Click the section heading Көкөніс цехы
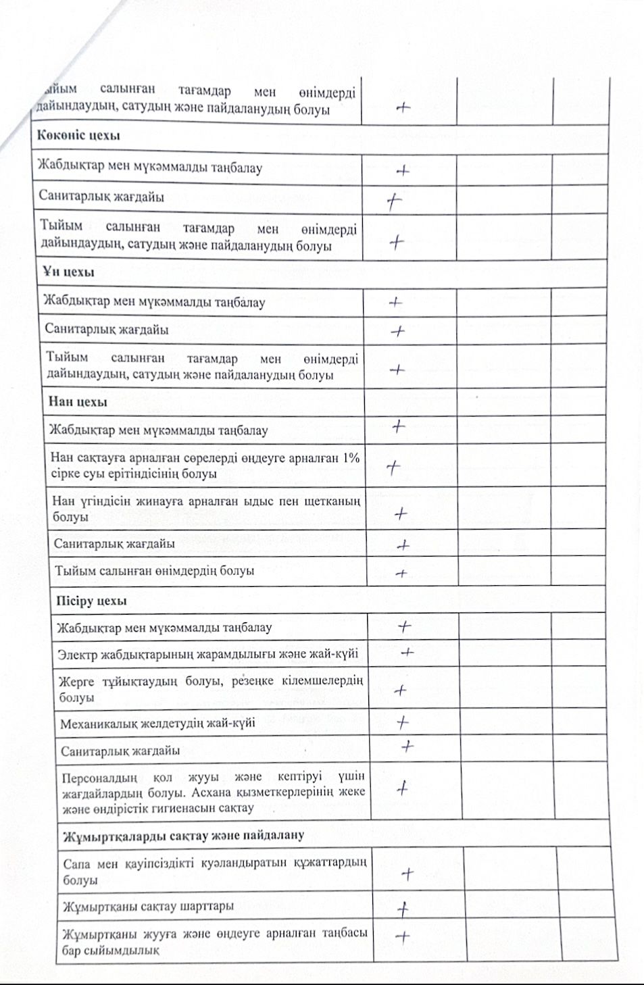tap(78, 135)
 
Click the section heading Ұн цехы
tap(68, 272)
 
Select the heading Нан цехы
tap(78, 402)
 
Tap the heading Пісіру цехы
tap(91, 601)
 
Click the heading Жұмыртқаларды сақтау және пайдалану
tap(183, 836)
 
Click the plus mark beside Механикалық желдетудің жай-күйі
tap(403, 722)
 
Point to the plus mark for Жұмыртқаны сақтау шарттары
tap(403, 909)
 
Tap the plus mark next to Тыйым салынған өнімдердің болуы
tap(401, 574)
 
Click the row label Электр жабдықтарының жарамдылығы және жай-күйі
tap(207, 654)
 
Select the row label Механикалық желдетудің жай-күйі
tap(157, 724)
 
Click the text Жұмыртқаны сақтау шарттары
tap(148, 906)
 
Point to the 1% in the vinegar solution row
tap(351, 458)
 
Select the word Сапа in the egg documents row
tap(76, 863)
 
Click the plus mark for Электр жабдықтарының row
tap(407, 653)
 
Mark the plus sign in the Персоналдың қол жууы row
tap(402, 788)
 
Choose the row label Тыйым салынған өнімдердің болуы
tap(154, 571)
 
